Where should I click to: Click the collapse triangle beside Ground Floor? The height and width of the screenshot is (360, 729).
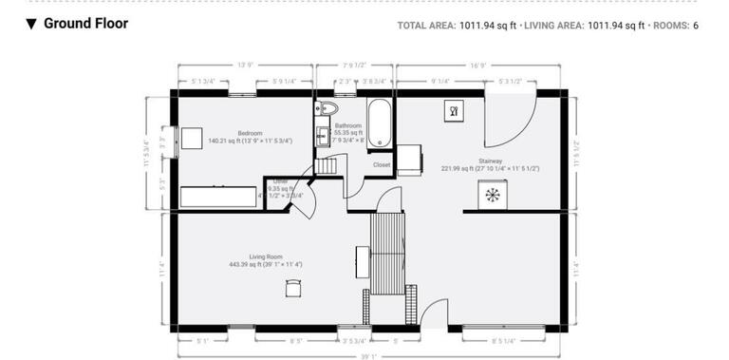click(31, 24)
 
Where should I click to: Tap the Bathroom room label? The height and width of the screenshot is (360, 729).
click(347, 125)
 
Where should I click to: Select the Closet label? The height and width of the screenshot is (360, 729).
click(382, 164)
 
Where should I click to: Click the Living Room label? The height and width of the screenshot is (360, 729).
click(266, 256)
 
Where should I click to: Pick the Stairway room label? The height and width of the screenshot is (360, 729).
click(490, 161)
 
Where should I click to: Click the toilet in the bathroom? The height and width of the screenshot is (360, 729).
click(324, 107)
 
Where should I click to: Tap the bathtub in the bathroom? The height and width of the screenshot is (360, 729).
click(379, 123)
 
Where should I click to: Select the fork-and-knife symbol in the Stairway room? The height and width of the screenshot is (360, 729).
click(454, 111)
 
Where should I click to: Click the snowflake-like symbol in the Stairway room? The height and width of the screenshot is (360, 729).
click(492, 196)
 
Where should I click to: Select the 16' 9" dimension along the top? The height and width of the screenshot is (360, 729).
click(477, 66)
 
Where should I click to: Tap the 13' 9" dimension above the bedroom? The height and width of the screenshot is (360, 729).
click(245, 66)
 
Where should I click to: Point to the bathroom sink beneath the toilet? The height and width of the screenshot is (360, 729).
click(322, 133)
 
